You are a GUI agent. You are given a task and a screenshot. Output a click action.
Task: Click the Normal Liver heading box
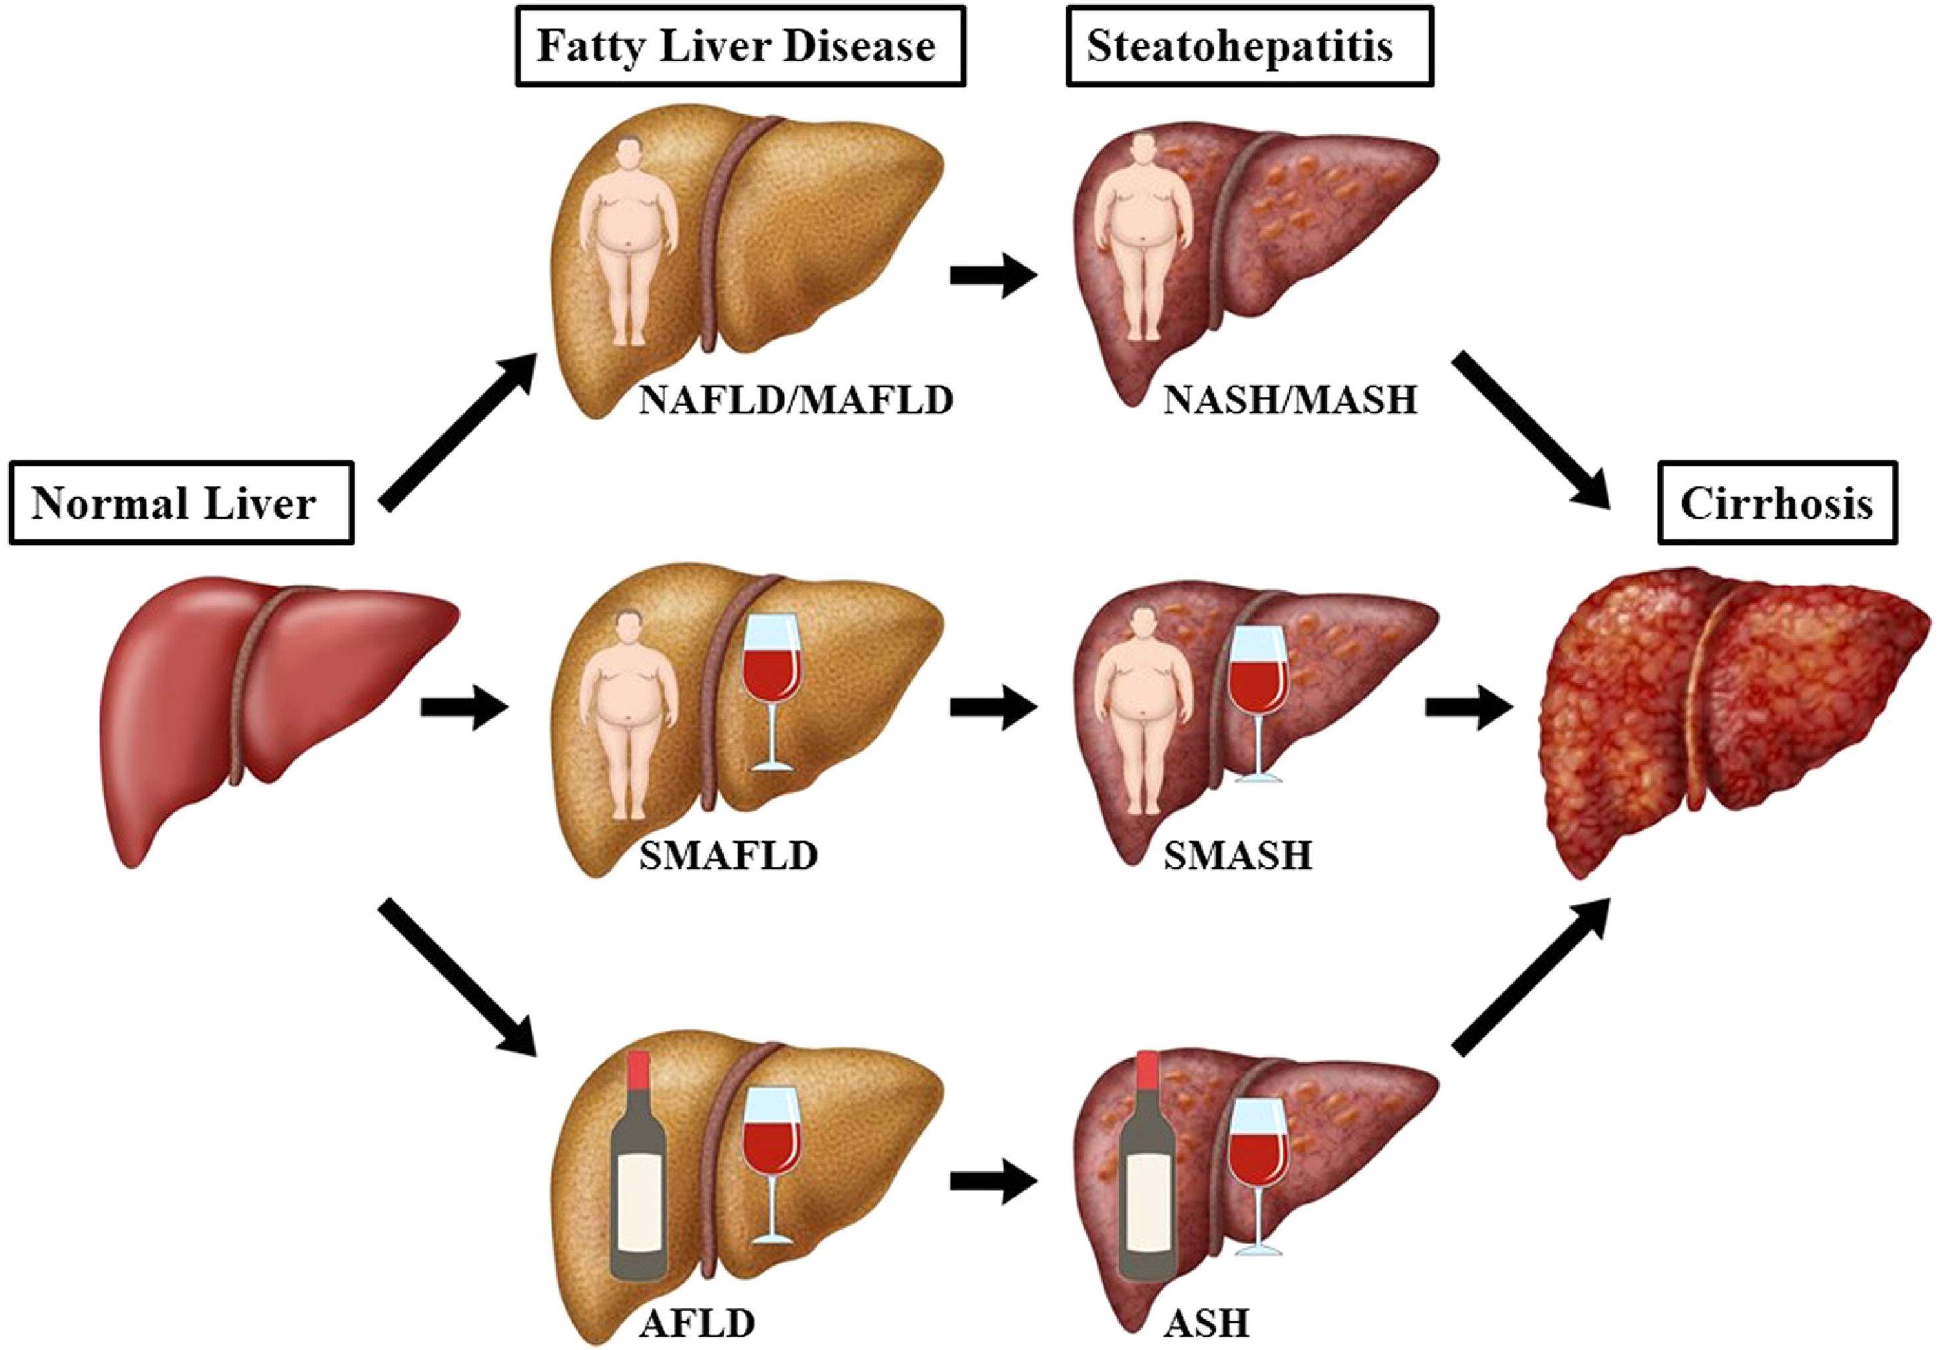click(181, 503)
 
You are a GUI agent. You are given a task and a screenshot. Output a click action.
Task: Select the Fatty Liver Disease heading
click(740, 47)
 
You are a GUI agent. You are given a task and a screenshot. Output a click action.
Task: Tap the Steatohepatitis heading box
click(1250, 47)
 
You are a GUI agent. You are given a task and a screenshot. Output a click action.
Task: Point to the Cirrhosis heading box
click(1777, 503)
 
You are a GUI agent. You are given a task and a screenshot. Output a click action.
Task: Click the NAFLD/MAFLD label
click(796, 399)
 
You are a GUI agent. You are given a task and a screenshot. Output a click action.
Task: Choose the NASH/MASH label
click(1290, 399)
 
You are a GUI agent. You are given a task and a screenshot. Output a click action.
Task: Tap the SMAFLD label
click(728, 856)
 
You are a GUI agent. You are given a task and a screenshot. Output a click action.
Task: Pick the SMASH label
click(1238, 856)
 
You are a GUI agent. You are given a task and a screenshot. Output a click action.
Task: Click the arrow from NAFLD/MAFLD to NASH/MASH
click(993, 275)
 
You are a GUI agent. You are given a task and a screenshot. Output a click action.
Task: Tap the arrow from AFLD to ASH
click(993, 1181)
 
